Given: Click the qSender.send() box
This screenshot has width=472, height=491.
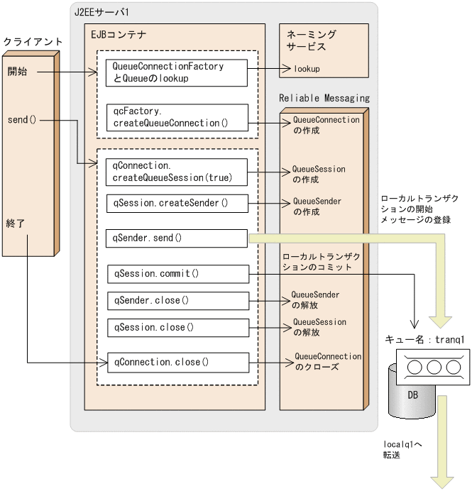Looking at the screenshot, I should (x=177, y=238).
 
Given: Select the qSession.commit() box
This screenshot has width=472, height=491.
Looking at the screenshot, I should (x=178, y=274).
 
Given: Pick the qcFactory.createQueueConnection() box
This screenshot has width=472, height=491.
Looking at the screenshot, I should (x=177, y=118).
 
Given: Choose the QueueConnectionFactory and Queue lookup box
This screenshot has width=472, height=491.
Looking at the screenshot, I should (x=177, y=72).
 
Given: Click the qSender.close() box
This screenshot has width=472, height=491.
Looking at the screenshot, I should (x=178, y=300).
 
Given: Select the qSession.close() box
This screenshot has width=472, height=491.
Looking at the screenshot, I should (x=178, y=327).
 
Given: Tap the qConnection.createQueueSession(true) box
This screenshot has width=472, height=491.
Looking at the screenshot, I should (x=177, y=171).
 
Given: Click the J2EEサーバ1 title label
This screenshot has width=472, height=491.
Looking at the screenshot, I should (x=101, y=12).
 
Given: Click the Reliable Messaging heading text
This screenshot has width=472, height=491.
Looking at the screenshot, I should (x=324, y=98).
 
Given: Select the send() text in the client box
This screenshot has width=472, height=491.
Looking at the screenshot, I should (x=21, y=119).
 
